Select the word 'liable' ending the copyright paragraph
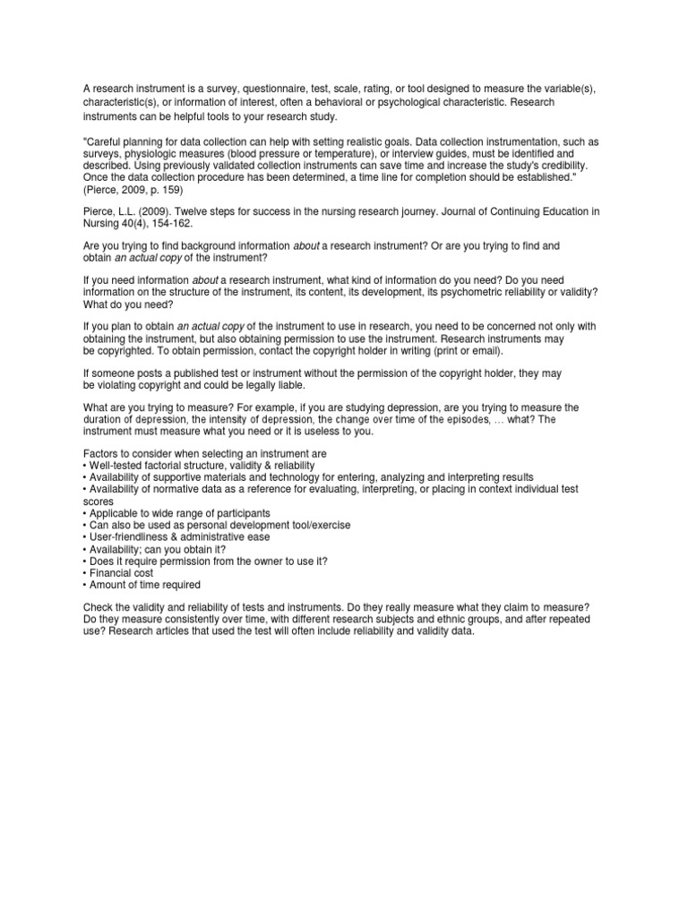(x=287, y=384)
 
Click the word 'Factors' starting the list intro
(x=102, y=454)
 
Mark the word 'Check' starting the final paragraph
(x=99, y=607)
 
